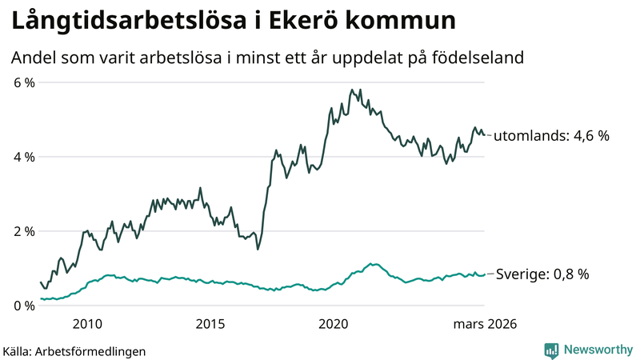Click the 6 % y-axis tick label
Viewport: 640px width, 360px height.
click(x=24, y=82)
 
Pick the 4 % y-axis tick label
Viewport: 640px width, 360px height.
click(x=24, y=157)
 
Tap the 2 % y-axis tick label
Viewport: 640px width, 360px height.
click(x=24, y=231)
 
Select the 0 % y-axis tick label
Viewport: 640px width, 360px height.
click(x=24, y=306)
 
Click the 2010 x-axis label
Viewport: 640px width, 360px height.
click(x=87, y=324)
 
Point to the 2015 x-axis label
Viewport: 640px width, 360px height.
click(x=210, y=324)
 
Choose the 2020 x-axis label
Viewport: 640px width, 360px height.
click(x=334, y=324)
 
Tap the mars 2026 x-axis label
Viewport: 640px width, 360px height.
click(x=485, y=324)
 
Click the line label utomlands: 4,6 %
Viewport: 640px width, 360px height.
click(x=551, y=136)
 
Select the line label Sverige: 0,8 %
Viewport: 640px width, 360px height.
click(x=542, y=274)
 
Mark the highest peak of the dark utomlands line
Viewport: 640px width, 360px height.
click(x=352, y=90)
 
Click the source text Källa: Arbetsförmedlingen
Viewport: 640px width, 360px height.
click(x=74, y=350)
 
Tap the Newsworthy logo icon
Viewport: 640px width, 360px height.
click(x=551, y=350)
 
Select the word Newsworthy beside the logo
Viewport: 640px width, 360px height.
click(x=598, y=350)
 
